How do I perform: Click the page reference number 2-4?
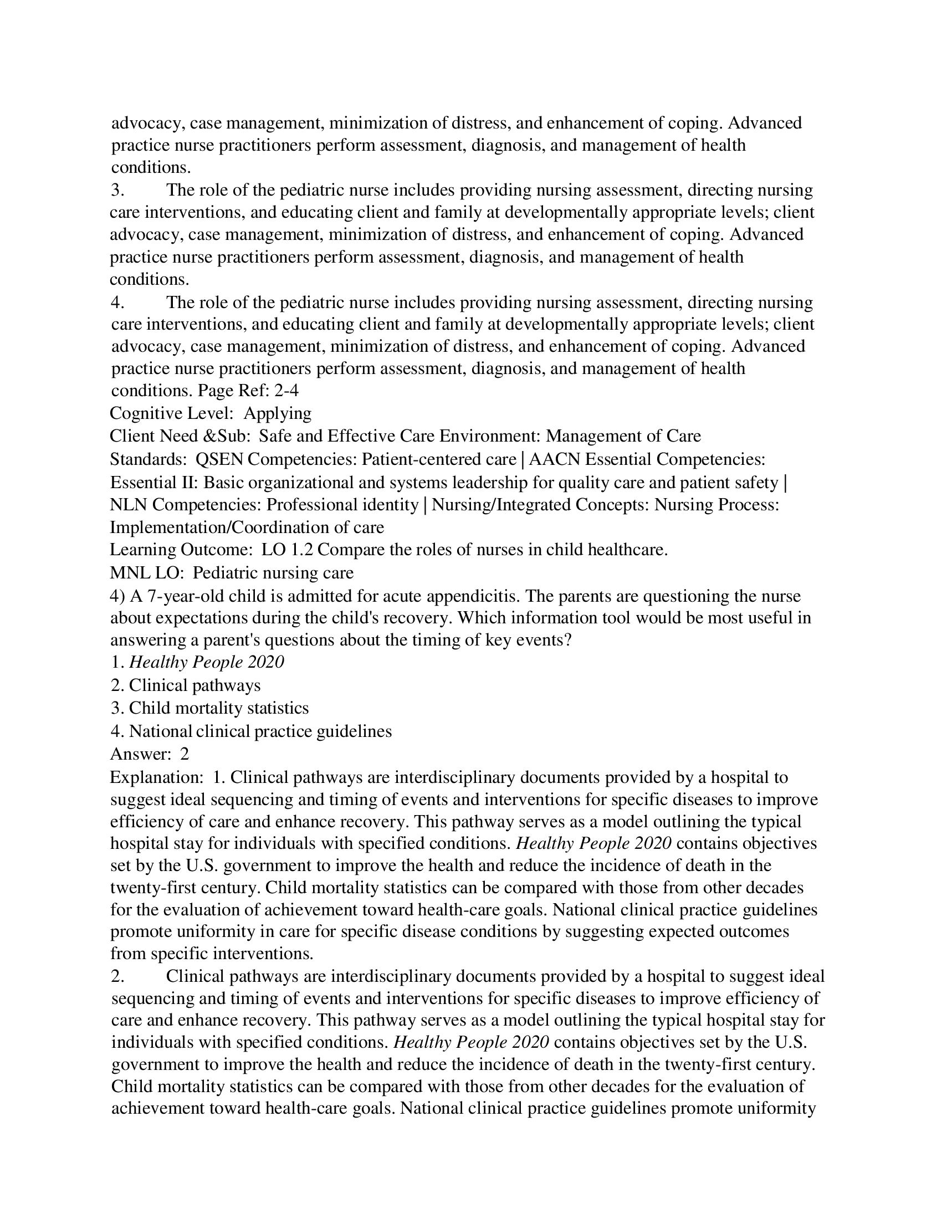(x=286, y=391)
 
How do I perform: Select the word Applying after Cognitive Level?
(x=278, y=413)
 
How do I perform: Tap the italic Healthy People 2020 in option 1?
(x=207, y=663)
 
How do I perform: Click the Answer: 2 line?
(x=150, y=754)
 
